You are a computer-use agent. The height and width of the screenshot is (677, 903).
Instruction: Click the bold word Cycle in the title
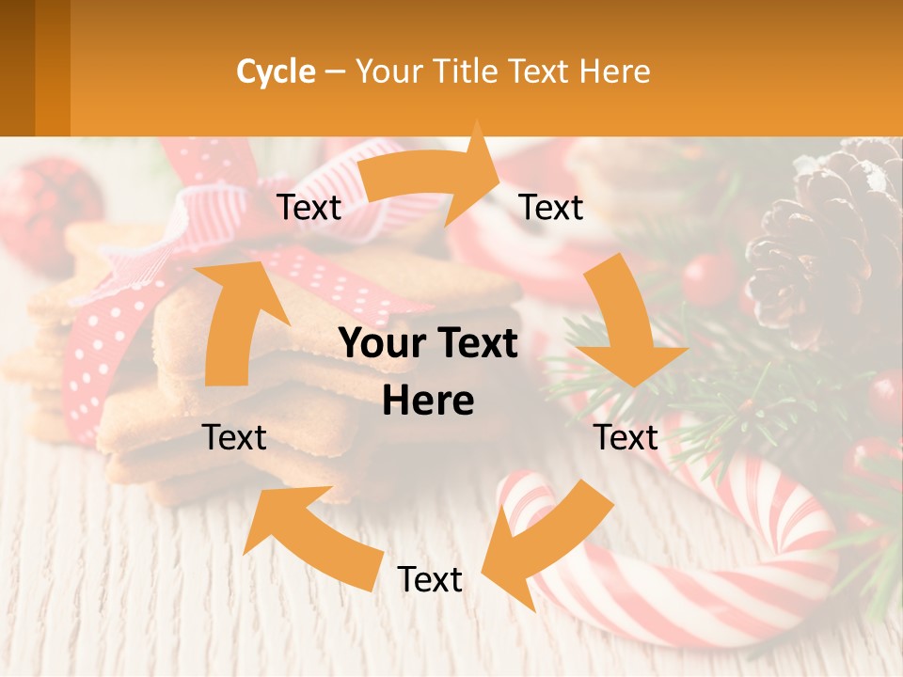click(x=276, y=71)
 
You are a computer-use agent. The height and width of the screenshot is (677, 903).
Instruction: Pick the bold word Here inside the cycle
click(x=428, y=401)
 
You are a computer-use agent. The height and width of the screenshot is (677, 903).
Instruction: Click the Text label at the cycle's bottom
click(x=430, y=580)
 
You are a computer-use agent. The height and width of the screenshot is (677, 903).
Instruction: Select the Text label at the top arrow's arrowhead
click(x=551, y=208)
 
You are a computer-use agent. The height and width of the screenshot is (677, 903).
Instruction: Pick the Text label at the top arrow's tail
click(x=309, y=208)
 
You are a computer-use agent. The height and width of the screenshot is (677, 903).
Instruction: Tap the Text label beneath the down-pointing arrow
click(x=626, y=437)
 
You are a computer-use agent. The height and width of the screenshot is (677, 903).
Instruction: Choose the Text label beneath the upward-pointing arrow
click(x=234, y=437)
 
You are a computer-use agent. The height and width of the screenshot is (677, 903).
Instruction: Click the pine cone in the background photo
click(x=828, y=244)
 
